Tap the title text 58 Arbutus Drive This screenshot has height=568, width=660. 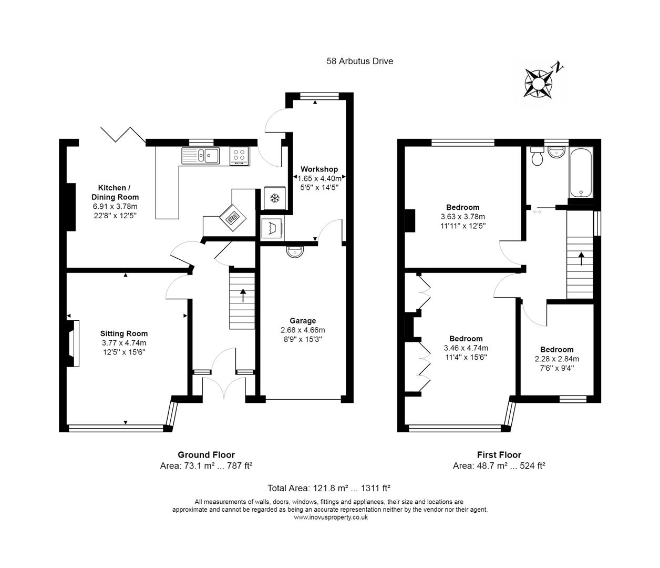tap(359, 61)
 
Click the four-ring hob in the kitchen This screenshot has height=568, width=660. tap(240, 155)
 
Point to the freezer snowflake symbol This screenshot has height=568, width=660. tap(274, 198)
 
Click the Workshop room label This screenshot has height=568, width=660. tap(319, 169)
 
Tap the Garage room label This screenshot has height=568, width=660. tap(303, 321)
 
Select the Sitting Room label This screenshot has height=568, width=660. tap(124, 333)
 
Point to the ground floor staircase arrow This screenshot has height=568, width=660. tap(243, 295)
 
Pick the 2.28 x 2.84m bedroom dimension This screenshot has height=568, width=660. tap(556, 359)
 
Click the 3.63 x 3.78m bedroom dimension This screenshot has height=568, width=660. tap(462, 217)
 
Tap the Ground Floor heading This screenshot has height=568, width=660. tap(206, 455)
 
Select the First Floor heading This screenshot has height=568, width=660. tap(499, 455)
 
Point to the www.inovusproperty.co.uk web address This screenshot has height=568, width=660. tap(331, 518)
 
